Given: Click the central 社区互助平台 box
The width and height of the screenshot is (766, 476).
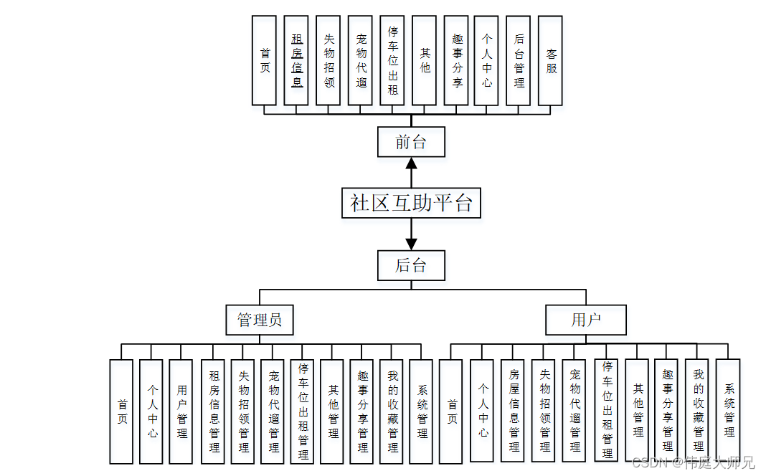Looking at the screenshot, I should tap(411, 203).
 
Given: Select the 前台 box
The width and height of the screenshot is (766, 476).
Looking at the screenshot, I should tap(411, 141).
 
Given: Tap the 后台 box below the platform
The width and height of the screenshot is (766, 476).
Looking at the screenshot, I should tap(411, 265).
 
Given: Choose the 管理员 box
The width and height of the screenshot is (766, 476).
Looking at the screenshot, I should tap(260, 319).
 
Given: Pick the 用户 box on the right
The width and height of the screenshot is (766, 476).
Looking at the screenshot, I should tap(585, 320).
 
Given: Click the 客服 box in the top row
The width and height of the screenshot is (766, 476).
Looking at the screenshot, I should tap(551, 61).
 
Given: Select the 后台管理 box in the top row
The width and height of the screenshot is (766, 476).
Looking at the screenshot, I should tap(519, 61).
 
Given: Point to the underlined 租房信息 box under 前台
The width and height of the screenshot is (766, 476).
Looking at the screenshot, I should tap(297, 61).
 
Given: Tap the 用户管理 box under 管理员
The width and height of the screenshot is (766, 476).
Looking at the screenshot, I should tap(181, 411).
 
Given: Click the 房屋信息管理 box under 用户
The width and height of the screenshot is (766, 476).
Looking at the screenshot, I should tap(514, 411).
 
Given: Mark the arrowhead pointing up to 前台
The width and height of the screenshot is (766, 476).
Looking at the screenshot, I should tap(411, 163).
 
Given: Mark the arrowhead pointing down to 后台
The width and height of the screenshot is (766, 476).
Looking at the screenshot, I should tap(411, 244).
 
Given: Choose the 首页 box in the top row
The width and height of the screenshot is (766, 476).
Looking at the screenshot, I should tap(265, 61).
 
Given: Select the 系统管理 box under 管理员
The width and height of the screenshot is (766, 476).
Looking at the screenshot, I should tap(422, 411).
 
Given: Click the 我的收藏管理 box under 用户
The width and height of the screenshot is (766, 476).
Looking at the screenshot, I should tap(698, 411).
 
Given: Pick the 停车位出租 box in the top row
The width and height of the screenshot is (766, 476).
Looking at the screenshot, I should tap(392, 61).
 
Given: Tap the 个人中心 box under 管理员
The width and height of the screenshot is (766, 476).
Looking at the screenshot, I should tap(152, 411).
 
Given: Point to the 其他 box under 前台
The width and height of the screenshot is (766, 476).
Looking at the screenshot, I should tap(425, 61).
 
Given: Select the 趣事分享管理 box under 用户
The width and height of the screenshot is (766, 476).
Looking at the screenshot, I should tap(668, 411).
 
